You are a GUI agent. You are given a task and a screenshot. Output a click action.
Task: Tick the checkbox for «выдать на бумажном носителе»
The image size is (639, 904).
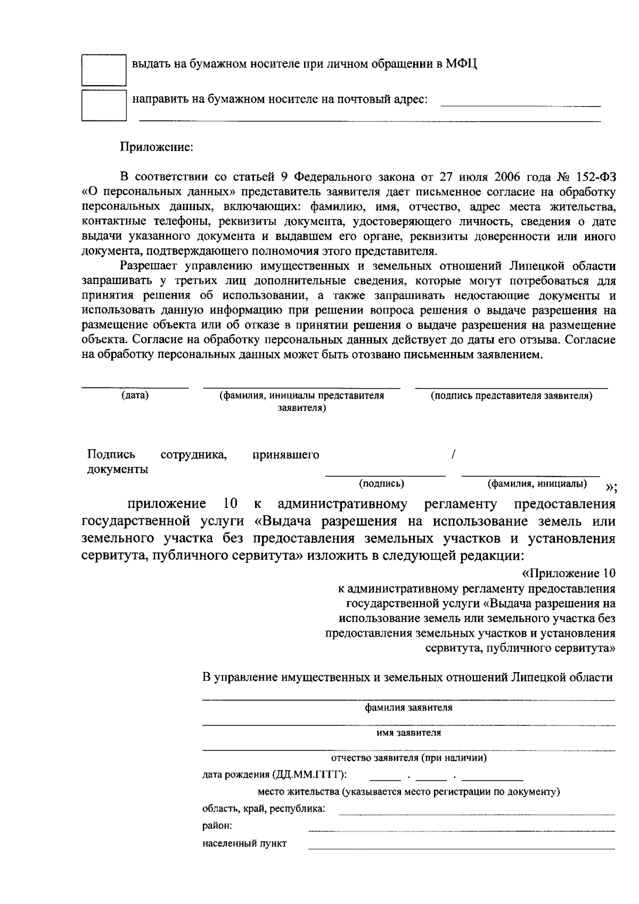103,69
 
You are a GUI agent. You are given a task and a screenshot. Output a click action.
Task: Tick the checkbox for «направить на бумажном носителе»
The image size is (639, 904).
103,105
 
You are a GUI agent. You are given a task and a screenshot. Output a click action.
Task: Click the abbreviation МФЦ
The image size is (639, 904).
462,65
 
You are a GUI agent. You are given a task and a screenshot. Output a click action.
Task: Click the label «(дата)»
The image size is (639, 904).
135,396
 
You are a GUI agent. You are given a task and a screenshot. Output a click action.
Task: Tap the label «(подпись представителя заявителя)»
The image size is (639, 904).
511,396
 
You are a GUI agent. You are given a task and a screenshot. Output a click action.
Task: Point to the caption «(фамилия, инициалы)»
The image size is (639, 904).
538,484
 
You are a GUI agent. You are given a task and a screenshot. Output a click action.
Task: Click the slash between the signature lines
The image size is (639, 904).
453,455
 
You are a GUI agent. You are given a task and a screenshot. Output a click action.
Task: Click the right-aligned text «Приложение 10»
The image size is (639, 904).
568,574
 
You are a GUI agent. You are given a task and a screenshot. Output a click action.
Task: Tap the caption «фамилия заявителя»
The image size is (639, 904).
408,708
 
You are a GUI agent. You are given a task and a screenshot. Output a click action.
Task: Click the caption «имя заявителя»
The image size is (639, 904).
408,733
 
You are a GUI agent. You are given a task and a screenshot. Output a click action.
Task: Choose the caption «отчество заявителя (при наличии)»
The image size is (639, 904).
408,758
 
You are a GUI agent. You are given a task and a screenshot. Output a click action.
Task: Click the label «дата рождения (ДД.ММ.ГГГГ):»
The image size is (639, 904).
275,774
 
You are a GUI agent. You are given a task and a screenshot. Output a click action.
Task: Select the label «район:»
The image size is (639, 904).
217,826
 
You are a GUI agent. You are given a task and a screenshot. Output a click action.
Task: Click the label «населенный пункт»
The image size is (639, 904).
244,844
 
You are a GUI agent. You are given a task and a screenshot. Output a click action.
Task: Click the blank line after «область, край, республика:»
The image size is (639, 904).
477,813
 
